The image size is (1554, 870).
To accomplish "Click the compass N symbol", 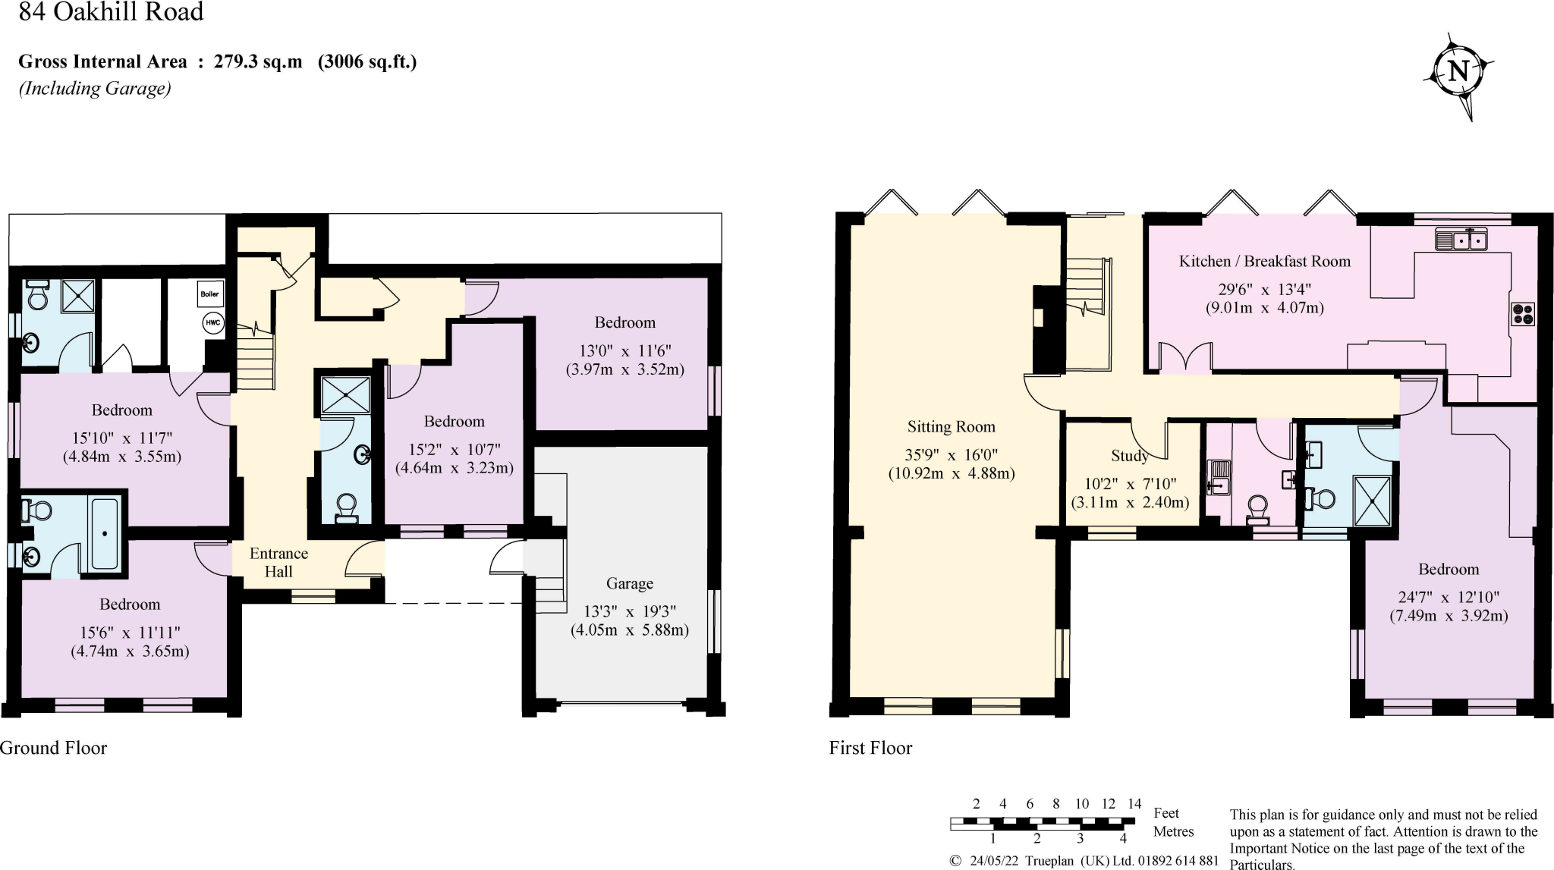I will (x=1458, y=72).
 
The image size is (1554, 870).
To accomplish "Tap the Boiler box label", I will (x=209, y=294).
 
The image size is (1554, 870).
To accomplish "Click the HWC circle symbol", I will (x=212, y=323).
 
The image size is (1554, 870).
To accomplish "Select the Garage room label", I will (x=629, y=583).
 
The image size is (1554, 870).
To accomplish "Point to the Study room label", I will (x=1129, y=456).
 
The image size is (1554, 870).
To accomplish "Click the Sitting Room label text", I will (x=951, y=427).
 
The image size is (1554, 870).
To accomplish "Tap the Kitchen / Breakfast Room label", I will (x=1264, y=262).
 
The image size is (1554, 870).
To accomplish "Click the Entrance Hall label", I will (x=278, y=562).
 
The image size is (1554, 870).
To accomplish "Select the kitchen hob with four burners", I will (x=1523, y=314).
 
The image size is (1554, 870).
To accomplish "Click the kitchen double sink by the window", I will (x=1461, y=240).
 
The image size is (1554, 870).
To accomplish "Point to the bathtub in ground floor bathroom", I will (x=104, y=533).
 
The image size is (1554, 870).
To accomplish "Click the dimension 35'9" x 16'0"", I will (x=951, y=455).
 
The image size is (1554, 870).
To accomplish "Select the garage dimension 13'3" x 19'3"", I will (x=629, y=611).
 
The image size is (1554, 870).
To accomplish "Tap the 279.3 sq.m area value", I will (x=257, y=62).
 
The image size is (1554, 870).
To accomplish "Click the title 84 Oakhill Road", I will (x=111, y=12).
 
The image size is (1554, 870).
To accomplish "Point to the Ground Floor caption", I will (x=53, y=748).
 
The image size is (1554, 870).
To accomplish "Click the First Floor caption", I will (x=870, y=748).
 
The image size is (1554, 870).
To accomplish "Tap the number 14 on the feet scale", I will (x=1134, y=804).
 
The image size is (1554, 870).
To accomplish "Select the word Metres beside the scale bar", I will (x=1173, y=831).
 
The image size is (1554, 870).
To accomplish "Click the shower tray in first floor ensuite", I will (x=1372, y=501).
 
